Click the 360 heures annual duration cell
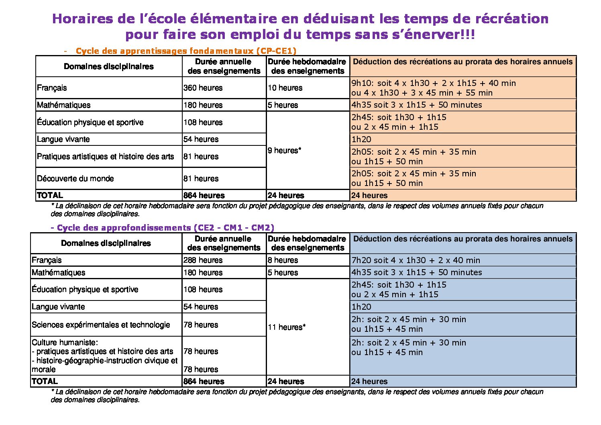[203, 88]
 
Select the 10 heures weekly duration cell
[285, 88]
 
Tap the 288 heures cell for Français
[203, 260]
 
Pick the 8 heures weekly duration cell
[283, 260]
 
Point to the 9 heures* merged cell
[284, 150]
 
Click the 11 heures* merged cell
[286, 327]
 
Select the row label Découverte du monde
[75, 178]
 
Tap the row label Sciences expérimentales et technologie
[101, 325]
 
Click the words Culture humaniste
[65, 342]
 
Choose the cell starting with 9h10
[434, 88]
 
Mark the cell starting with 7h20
[416, 260]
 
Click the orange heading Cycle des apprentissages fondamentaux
[186, 51]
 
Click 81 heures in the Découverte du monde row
[201, 178]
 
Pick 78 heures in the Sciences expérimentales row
[201, 325]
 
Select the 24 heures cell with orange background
[369, 196]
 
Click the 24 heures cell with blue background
[369, 381]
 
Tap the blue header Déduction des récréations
[463, 239]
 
